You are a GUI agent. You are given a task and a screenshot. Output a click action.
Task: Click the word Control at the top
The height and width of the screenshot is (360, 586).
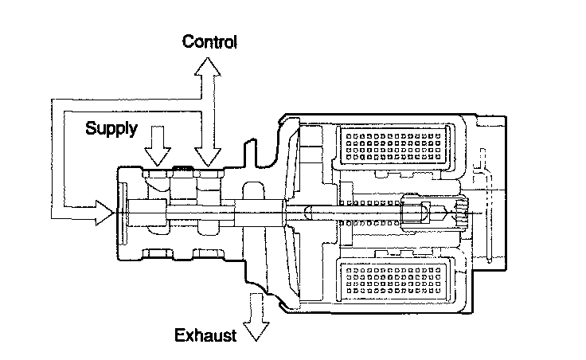tap(210, 41)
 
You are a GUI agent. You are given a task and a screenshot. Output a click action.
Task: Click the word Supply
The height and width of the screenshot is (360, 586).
tap(111, 127)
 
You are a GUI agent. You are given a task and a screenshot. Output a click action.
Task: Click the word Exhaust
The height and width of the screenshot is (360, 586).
tap(206, 335)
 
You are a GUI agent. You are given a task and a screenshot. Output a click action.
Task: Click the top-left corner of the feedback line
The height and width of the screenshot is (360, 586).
tap(52, 99)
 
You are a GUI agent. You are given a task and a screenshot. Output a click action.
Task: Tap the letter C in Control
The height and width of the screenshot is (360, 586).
tap(188, 41)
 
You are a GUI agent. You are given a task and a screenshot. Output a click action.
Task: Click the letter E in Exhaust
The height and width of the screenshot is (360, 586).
tap(180, 335)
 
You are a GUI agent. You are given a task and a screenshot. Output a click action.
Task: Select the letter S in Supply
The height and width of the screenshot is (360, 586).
tap(90, 127)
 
